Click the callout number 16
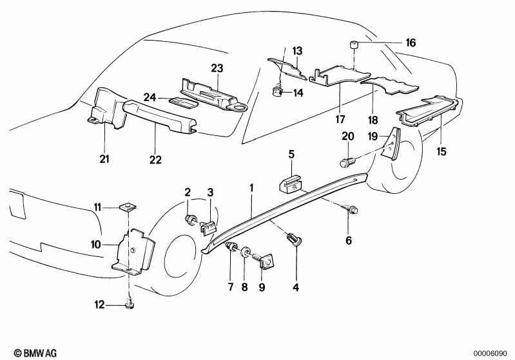[411, 43]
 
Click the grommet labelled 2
[191, 221]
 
